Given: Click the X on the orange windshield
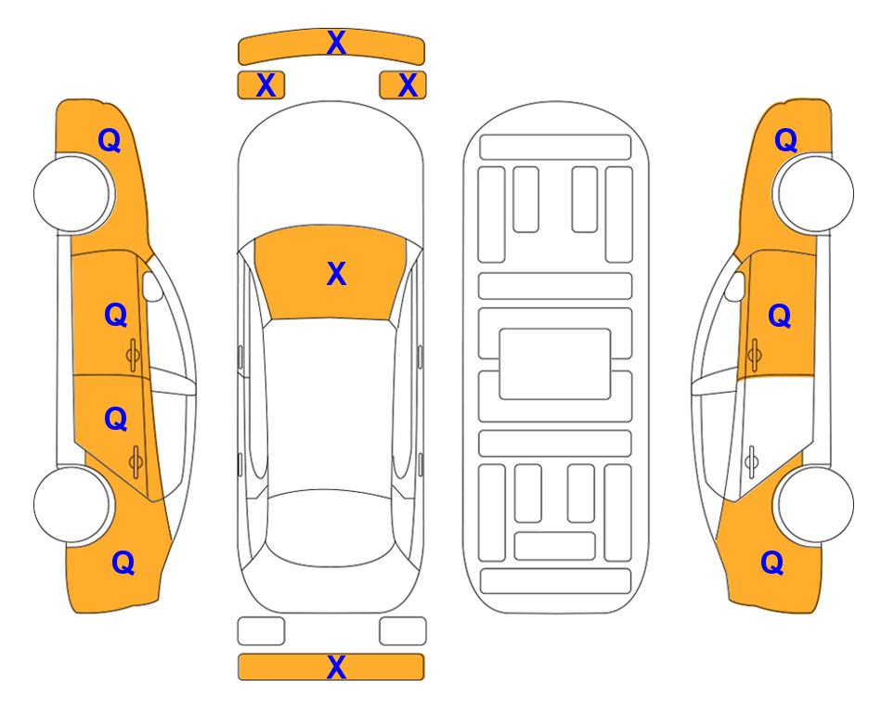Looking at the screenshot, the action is (x=336, y=274).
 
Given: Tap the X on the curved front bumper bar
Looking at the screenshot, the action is (x=336, y=43).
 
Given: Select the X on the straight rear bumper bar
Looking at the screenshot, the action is (x=336, y=667).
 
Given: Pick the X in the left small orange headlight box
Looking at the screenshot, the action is (x=266, y=85).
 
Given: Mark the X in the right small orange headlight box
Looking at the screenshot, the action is (x=408, y=85).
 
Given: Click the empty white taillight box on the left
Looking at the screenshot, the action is (x=261, y=631).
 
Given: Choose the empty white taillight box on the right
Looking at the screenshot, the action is (x=403, y=631).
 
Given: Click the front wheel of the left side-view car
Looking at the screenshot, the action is (x=72, y=193).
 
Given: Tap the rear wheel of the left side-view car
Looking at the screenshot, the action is (x=72, y=504).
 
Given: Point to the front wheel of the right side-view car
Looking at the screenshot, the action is (x=814, y=193).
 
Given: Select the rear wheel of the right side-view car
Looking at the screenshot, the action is (x=814, y=504).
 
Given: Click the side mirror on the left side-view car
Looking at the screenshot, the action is (x=152, y=286).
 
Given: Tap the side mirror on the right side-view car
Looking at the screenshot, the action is (x=735, y=286).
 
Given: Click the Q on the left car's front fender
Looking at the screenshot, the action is (x=110, y=140).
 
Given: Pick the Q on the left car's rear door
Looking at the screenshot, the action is (x=116, y=420).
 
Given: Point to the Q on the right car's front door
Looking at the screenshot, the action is (x=780, y=316).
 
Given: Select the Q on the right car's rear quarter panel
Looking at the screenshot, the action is (x=772, y=563).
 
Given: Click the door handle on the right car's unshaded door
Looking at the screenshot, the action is (x=752, y=461).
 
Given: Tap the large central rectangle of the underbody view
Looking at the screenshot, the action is (x=555, y=364).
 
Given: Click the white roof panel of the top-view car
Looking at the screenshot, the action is (x=330, y=405).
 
